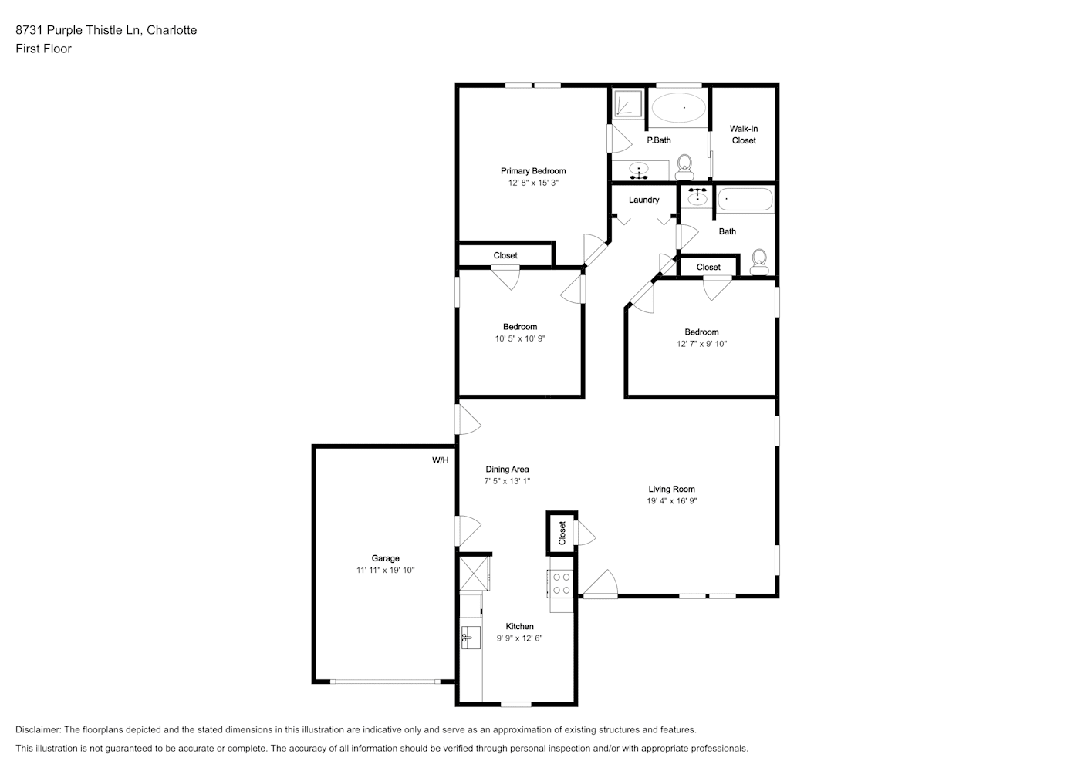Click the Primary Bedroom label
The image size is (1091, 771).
click(533, 171)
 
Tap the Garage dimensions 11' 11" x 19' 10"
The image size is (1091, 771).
click(385, 570)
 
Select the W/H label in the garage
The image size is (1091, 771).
click(441, 460)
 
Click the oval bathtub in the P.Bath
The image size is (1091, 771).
click(678, 108)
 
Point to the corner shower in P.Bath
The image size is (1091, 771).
click(628, 103)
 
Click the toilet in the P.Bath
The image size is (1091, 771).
click(684, 167)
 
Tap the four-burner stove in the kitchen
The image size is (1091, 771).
click(561, 584)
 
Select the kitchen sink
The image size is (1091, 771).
click(471, 638)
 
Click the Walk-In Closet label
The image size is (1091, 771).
click(744, 134)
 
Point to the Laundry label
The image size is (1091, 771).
click(644, 200)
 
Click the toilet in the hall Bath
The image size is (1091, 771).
click(759, 262)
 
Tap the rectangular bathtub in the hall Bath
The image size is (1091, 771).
click(745, 200)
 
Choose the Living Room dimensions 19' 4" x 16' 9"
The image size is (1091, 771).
click(671, 501)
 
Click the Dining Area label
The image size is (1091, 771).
click(507, 470)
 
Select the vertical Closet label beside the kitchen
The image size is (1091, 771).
click(562, 533)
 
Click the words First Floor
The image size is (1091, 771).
click(43, 49)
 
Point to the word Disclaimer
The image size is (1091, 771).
click(39, 729)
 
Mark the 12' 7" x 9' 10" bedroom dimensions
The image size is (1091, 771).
click(701, 344)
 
